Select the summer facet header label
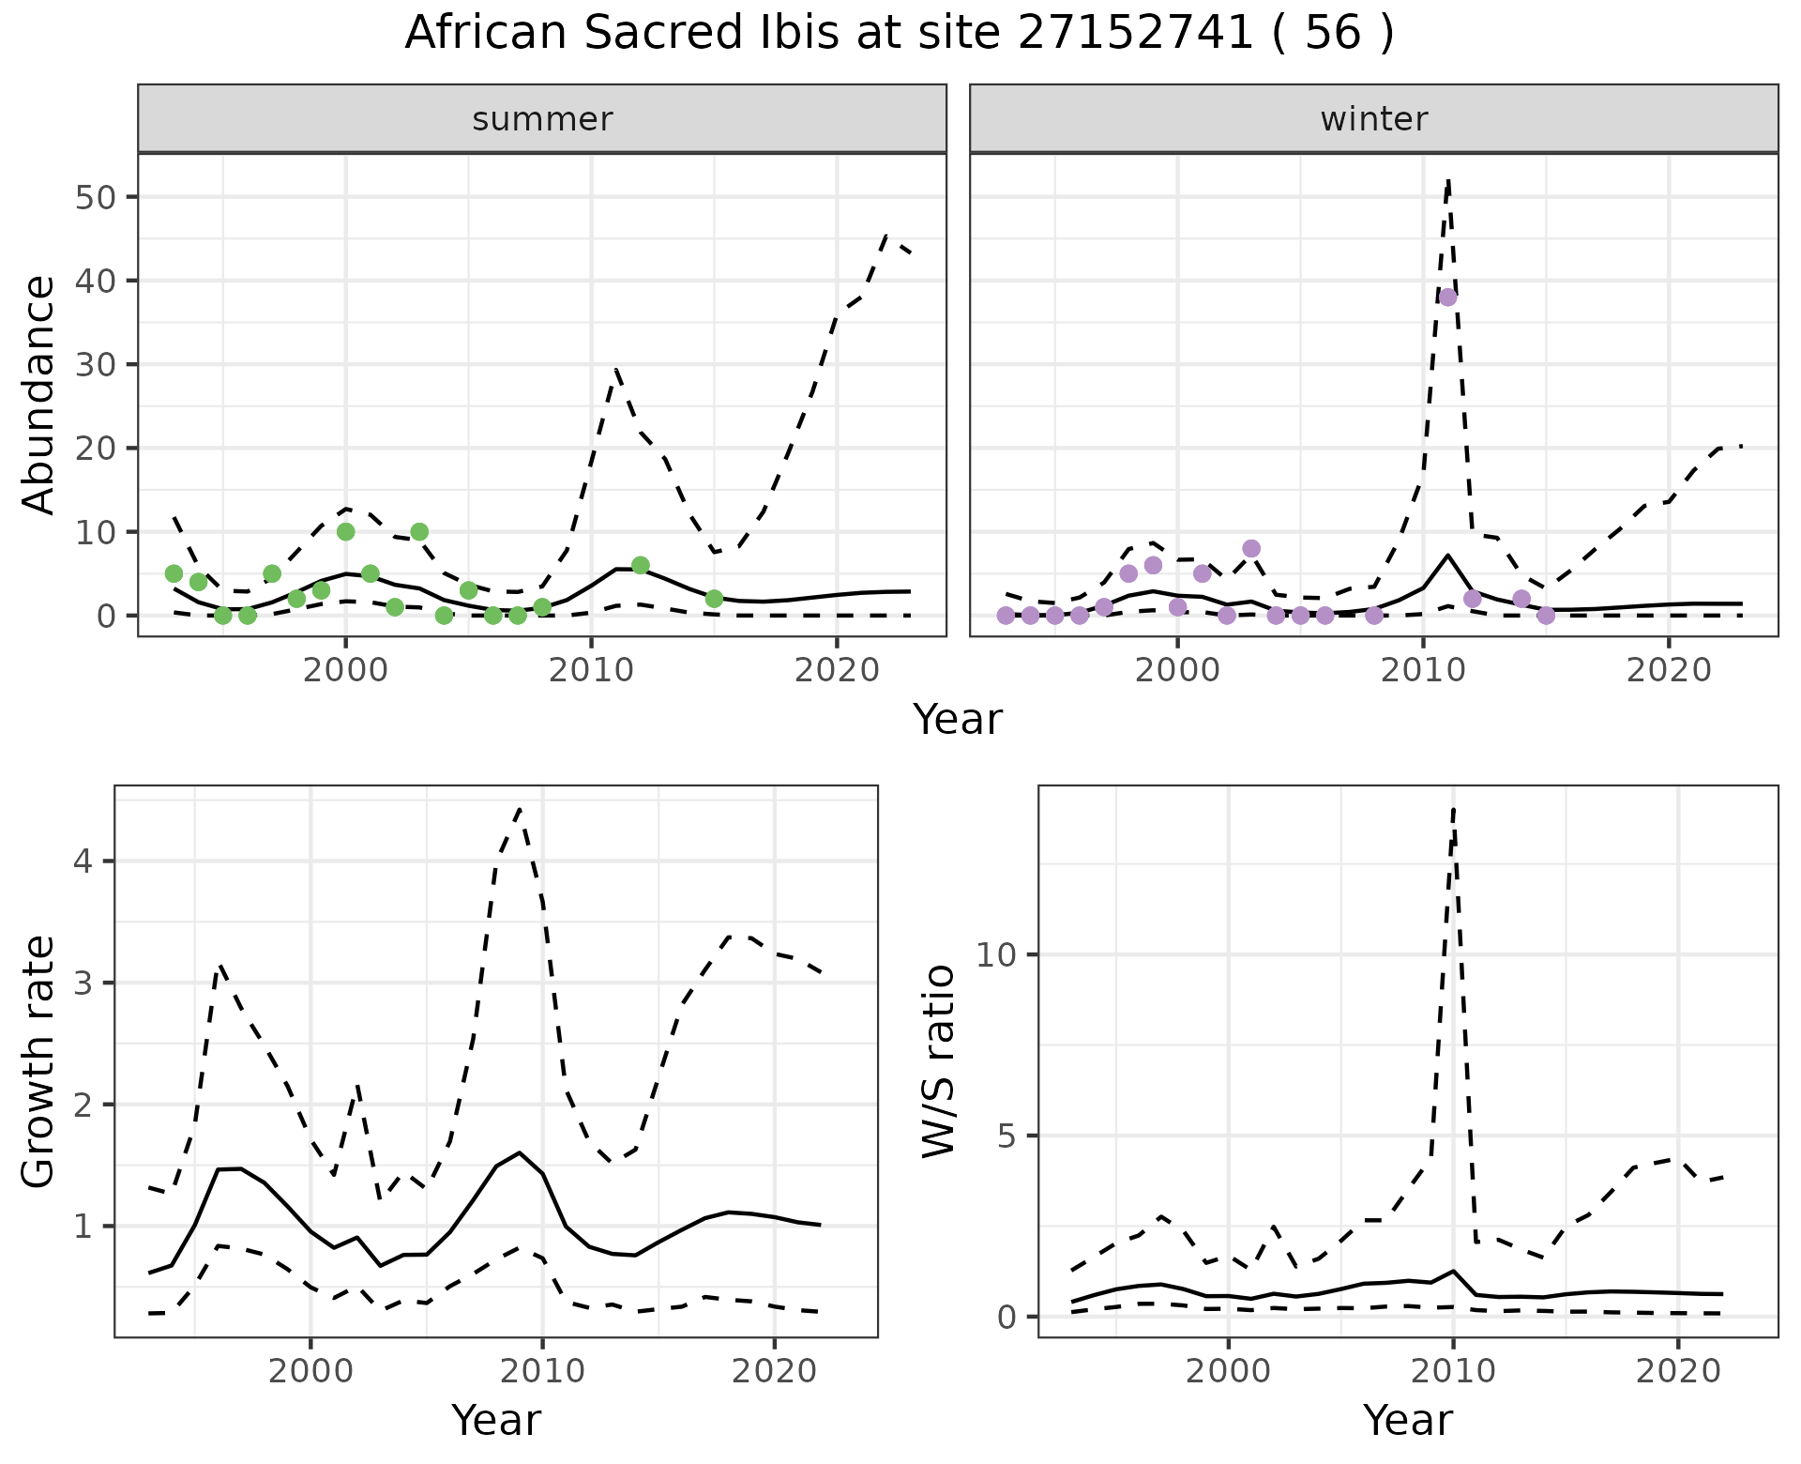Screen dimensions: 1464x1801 coord(542,119)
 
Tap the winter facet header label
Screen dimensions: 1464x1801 coord(1373,119)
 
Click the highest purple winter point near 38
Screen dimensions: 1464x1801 coord(1447,297)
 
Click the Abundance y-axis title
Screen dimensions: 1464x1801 coord(39,395)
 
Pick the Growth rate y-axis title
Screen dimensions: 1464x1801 coord(39,1061)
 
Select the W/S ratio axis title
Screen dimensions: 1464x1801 coord(938,1061)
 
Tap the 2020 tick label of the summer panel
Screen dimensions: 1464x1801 coord(836,672)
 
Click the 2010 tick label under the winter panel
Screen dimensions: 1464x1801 coord(1423,672)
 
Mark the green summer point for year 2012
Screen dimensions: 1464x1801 coord(641,565)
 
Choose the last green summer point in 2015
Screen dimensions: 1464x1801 coord(714,599)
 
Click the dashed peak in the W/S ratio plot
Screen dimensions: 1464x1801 coord(1453,809)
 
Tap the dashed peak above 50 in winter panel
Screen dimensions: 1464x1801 coord(1448,180)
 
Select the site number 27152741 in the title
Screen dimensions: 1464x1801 coord(1122,34)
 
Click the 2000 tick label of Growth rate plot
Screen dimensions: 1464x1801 coord(310,1371)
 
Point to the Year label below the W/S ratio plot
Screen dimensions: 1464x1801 coord(1407,1420)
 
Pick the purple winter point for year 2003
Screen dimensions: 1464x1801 coord(1251,548)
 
